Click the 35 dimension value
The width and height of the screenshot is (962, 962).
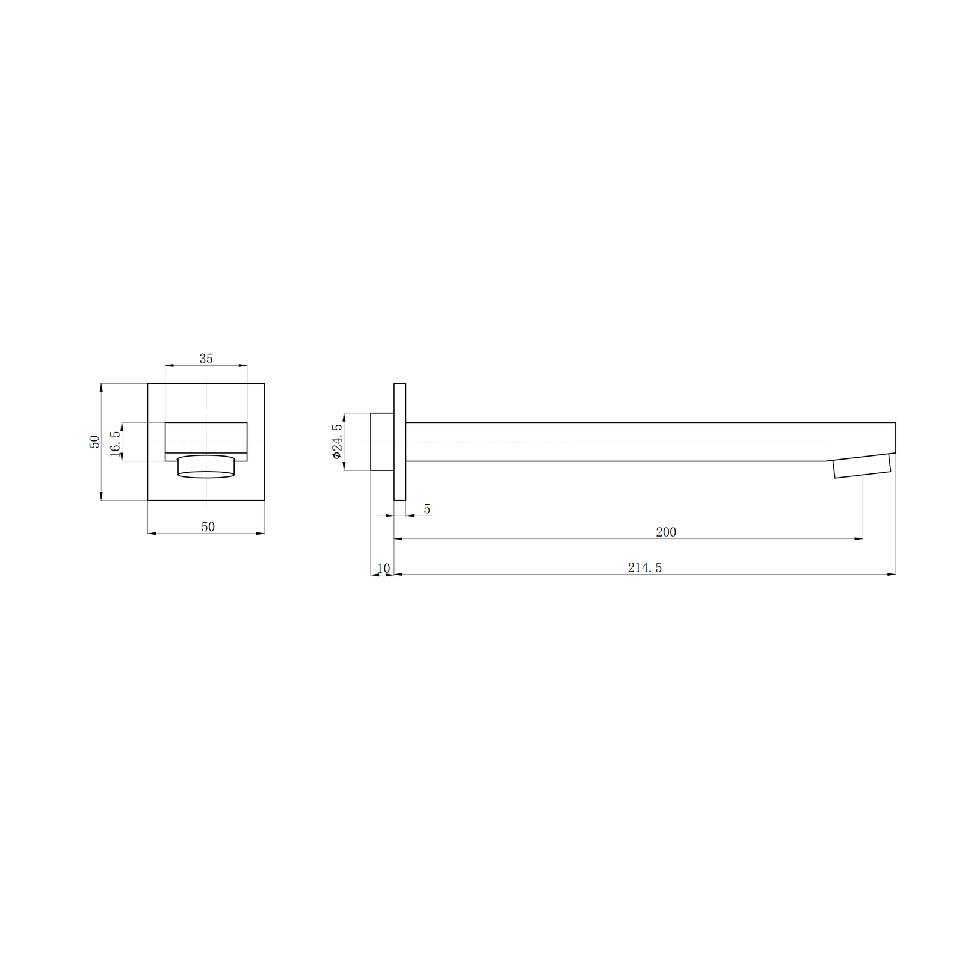coord(206,359)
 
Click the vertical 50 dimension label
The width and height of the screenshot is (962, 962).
coord(94,441)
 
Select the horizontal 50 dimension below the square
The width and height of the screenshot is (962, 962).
coord(208,527)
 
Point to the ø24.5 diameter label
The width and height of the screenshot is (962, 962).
coord(337,442)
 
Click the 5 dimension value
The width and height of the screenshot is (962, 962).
coord(427,510)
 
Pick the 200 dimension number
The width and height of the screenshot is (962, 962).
coord(666,532)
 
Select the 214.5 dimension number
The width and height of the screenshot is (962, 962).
coord(645,567)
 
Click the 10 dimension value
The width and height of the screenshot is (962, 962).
coord(383,569)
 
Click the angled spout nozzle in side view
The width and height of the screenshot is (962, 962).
coord(862,466)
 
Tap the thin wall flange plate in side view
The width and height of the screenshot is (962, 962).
coord(400,442)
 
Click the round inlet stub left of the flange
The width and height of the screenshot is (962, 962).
coord(382,442)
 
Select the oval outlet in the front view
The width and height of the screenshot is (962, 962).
coord(206,467)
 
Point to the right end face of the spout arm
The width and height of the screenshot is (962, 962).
coord(895,438)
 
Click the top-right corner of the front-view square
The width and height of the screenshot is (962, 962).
coord(265,383)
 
